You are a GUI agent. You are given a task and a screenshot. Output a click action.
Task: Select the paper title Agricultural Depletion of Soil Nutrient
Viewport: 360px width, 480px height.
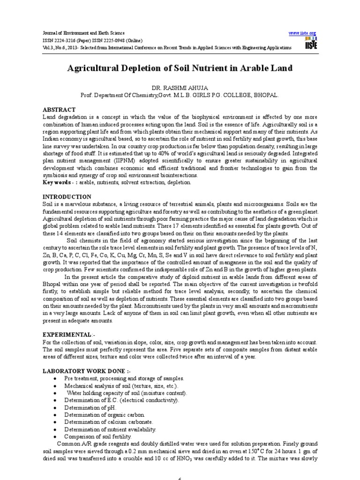coord(180,68)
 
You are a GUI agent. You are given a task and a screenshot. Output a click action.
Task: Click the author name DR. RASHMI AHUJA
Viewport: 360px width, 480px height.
coord(180,88)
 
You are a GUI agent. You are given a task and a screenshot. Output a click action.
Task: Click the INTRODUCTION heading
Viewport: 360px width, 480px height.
coord(67,196)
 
